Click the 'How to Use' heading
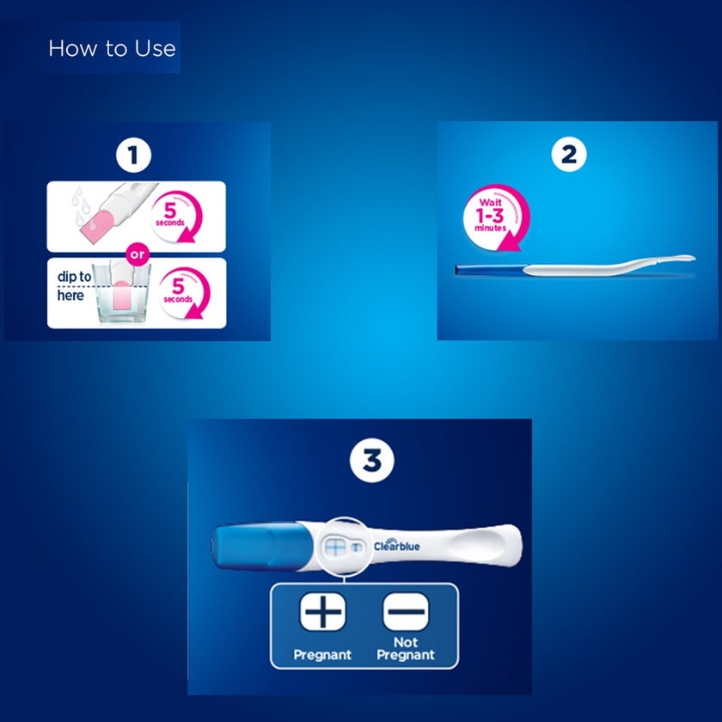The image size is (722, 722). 112,48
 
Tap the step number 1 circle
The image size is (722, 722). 134,155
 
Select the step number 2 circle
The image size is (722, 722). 569,155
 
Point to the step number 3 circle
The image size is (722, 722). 371,461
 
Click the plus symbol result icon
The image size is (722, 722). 322,614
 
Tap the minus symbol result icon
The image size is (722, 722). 405,614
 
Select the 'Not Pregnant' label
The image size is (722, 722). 405,648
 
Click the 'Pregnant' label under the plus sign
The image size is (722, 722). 322,654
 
